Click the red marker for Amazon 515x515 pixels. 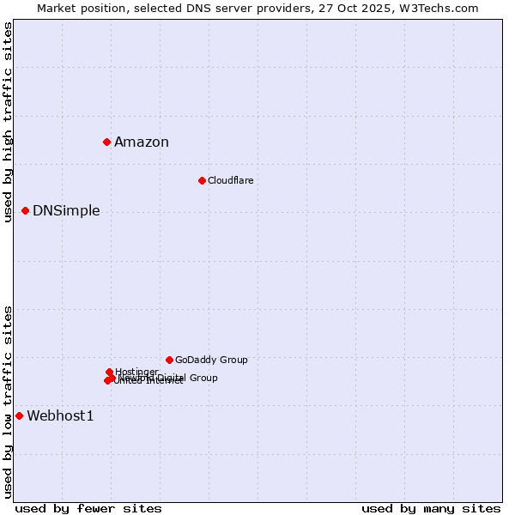[106, 142]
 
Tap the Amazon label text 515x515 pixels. [142, 142]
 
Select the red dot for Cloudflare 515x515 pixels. [202, 180]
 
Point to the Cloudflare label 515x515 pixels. [230, 180]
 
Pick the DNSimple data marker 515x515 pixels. [25, 210]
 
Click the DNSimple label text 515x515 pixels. [66, 211]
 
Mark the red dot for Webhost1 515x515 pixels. [19, 415]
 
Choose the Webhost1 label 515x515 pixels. [60, 416]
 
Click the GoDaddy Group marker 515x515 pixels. [169, 360]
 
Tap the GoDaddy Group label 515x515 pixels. [211, 360]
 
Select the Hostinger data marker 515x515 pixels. [109, 372]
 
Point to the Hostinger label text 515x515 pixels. [136, 372]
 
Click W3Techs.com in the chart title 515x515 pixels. [436, 8]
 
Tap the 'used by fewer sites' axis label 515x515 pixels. [88, 508]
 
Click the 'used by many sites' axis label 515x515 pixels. [431, 508]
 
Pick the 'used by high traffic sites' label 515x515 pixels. [9, 122]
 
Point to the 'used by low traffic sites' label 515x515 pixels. [9, 402]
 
